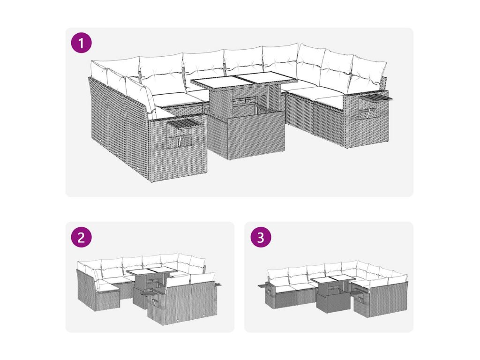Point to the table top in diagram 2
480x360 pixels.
151,271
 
